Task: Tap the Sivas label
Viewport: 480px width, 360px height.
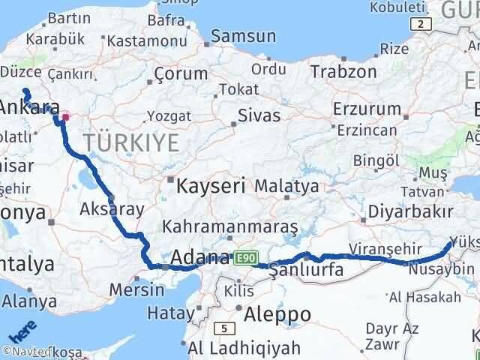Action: [259, 115]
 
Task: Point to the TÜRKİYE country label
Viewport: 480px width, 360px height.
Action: [131, 141]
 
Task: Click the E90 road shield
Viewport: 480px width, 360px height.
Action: [243, 257]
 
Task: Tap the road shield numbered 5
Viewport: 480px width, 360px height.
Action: [223, 328]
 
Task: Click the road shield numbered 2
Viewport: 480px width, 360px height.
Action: [422, 24]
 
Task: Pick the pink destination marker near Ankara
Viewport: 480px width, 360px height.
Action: [66, 116]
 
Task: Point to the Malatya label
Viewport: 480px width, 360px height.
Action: [286, 185]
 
